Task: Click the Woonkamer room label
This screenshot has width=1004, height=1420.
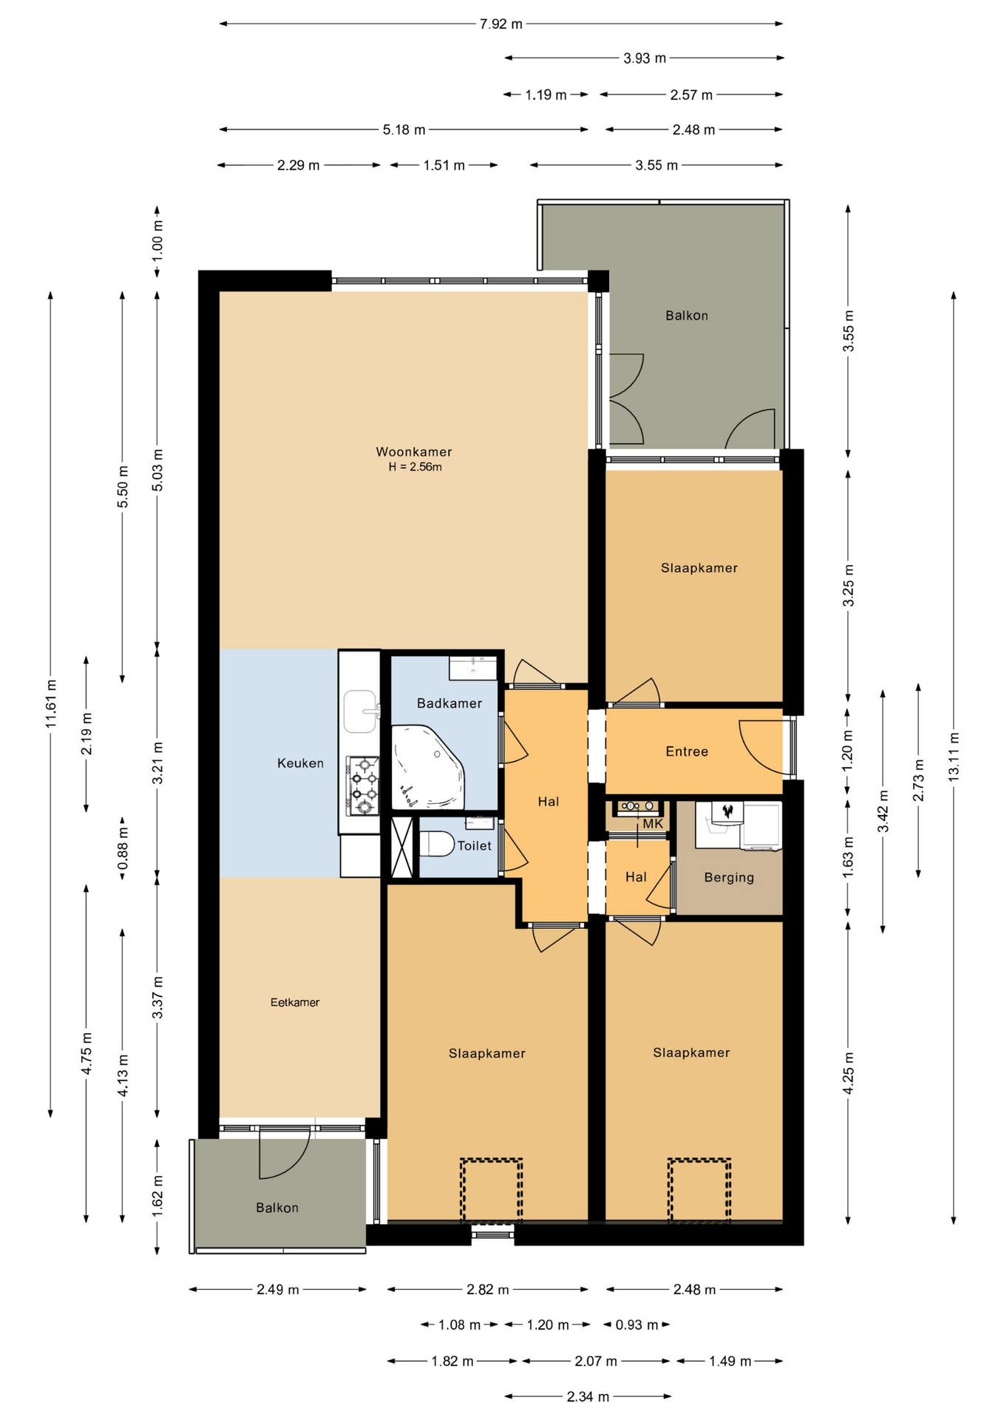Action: pyautogui.click(x=413, y=452)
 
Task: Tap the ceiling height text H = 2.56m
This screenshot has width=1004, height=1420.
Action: pyautogui.click(x=415, y=467)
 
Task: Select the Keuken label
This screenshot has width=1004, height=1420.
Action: pyautogui.click(x=300, y=763)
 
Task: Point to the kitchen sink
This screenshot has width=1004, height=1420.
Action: pyautogui.click(x=361, y=711)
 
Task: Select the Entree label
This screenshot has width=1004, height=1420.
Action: pyautogui.click(x=687, y=751)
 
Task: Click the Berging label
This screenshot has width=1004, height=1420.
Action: pyautogui.click(x=729, y=878)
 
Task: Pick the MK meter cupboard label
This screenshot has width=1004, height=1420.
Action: pyautogui.click(x=653, y=824)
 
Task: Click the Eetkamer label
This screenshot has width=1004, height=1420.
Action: pyautogui.click(x=295, y=1003)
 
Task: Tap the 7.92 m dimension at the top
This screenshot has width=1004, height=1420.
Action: pyautogui.click(x=501, y=24)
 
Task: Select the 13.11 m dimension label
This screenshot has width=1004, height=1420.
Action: pyautogui.click(x=954, y=756)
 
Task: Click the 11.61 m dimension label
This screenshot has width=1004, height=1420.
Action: pyautogui.click(x=51, y=703)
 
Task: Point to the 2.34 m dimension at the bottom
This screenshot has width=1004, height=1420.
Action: pyautogui.click(x=588, y=1397)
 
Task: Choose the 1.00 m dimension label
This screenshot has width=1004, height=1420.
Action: pyautogui.click(x=157, y=241)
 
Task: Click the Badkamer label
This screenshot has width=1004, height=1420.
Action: pyautogui.click(x=450, y=703)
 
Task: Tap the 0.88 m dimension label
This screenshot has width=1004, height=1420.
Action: pyautogui.click(x=123, y=848)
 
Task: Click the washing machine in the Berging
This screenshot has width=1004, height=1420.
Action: pyautogui.click(x=762, y=827)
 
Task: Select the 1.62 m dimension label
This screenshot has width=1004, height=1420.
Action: pyautogui.click(x=157, y=1196)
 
